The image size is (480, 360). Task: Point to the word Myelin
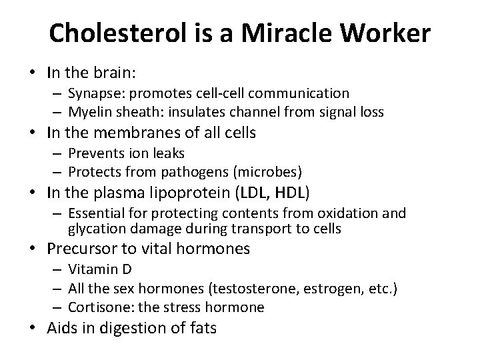(x=89, y=111)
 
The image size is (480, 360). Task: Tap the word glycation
(x=94, y=229)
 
